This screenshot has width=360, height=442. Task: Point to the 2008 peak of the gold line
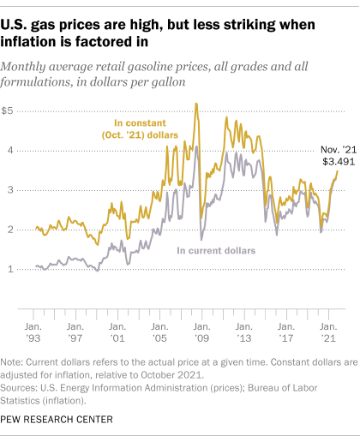click(x=196, y=105)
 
